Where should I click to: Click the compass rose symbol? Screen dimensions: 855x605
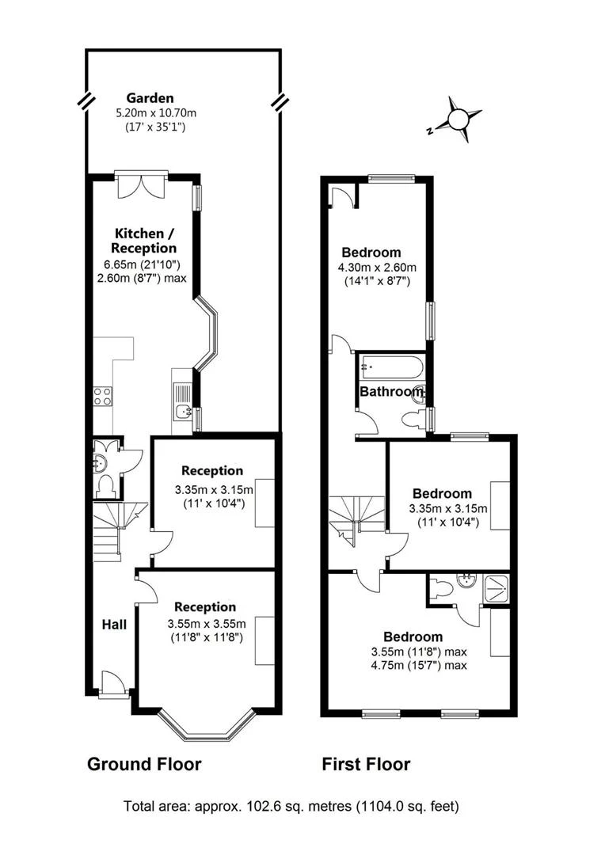(459, 120)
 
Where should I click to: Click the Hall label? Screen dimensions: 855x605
(114, 625)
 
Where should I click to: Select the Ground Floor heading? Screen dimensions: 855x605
(143, 764)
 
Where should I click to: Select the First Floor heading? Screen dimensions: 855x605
(366, 764)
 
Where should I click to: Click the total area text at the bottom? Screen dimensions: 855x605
(291, 807)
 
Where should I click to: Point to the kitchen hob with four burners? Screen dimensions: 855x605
(103, 396)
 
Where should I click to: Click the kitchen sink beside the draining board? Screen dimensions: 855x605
(183, 411)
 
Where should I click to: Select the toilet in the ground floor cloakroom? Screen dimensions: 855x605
(105, 484)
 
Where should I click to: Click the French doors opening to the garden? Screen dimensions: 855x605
(141, 185)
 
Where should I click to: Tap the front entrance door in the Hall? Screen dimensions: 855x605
(112, 683)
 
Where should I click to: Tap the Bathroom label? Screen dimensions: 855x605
(391, 392)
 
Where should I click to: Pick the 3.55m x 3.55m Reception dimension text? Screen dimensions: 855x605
(206, 623)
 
